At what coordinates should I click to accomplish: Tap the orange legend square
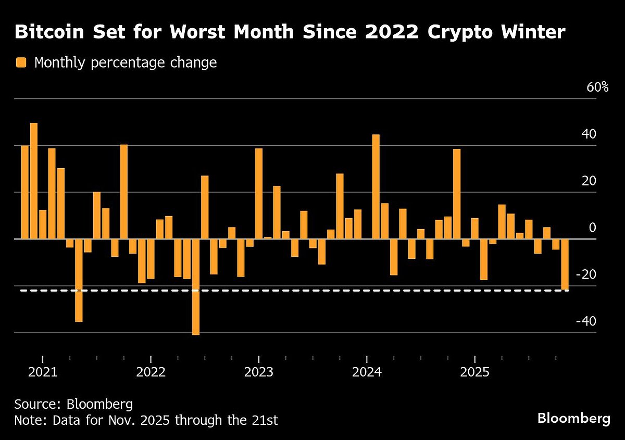(x=21, y=63)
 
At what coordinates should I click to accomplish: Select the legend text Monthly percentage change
(x=125, y=63)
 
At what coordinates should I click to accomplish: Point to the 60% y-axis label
(x=597, y=87)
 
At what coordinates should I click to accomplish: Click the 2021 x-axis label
(x=43, y=373)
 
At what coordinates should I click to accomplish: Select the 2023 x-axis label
(x=259, y=373)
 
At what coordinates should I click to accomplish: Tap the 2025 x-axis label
(x=474, y=373)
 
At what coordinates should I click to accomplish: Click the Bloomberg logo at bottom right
(x=573, y=418)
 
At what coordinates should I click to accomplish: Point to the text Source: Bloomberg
(x=73, y=404)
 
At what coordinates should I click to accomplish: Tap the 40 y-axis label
(x=589, y=134)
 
